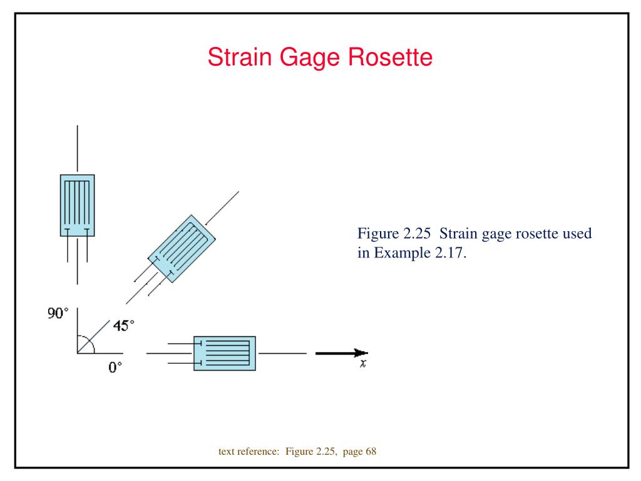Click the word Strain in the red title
(x=240, y=57)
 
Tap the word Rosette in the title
(x=391, y=57)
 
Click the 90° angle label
(x=58, y=313)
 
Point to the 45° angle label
(x=123, y=326)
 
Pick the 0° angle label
(x=115, y=367)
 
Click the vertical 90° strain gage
(x=77, y=205)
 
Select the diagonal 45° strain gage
(x=182, y=249)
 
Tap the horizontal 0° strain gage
(x=225, y=353)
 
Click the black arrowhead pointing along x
(x=361, y=353)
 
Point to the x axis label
(x=363, y=363)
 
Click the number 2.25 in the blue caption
(x=417, y=234)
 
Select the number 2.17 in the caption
(x=451, y=253)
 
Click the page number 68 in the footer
(x=371, y=451)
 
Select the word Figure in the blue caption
(x=378, y=234)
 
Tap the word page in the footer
(x=352, y=452)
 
